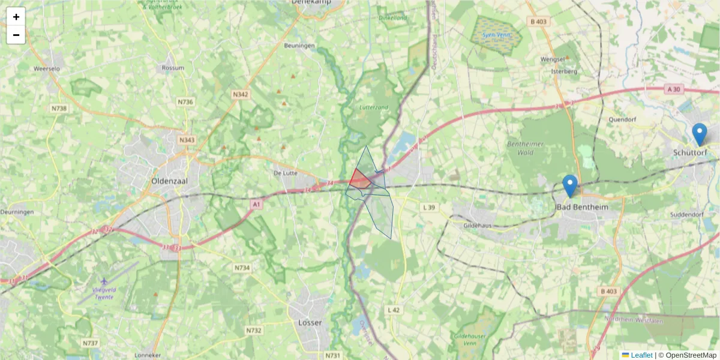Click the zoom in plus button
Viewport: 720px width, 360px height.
tap(16, 17)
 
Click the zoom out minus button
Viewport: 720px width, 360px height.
tap(16, 35)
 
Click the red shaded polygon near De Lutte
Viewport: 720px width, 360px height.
tap(359, 179)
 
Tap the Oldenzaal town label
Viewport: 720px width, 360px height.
tap(169, 181)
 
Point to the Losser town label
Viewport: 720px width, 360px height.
tap(310, 322)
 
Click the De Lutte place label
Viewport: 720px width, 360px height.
tap(286, 173)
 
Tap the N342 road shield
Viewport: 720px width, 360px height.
tap(241, 95)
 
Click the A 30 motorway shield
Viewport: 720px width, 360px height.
tap(674, 89)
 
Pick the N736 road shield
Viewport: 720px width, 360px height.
tap(185, 102)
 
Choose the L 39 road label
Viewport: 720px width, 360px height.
tap(429, 207)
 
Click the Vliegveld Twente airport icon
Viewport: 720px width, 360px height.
tap(105, 281)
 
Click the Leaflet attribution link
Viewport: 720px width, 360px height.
tap(641, 355)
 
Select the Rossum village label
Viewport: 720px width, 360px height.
tap(173, 68)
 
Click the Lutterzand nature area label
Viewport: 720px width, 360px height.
tap(374, 107)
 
